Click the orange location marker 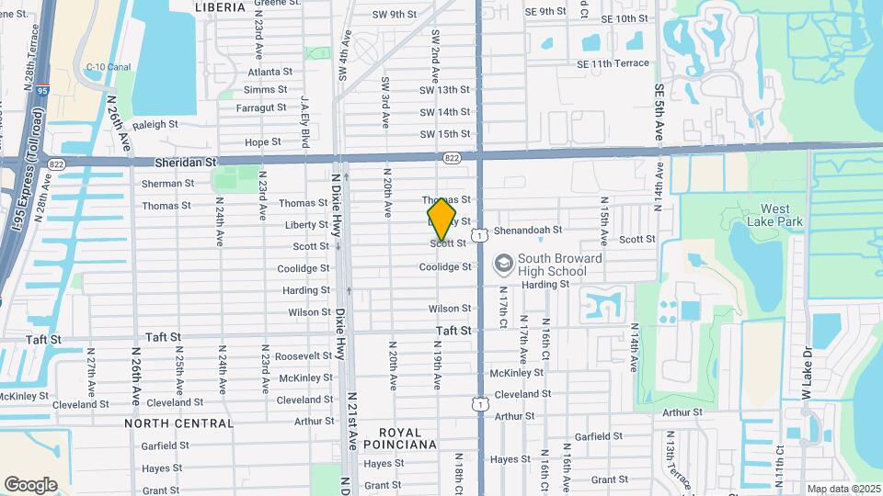coord(441,220)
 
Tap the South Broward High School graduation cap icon coord(503,265)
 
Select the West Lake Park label coord(782,215)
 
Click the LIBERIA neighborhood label coord(220,7)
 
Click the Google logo coord(30,484)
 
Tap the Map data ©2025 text coord(843,489)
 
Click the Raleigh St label coord(155,124)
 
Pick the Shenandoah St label coord(527,231)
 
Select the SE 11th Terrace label coord(613,63)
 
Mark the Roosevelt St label coord(303,355)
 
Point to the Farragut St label coord(261,107)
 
